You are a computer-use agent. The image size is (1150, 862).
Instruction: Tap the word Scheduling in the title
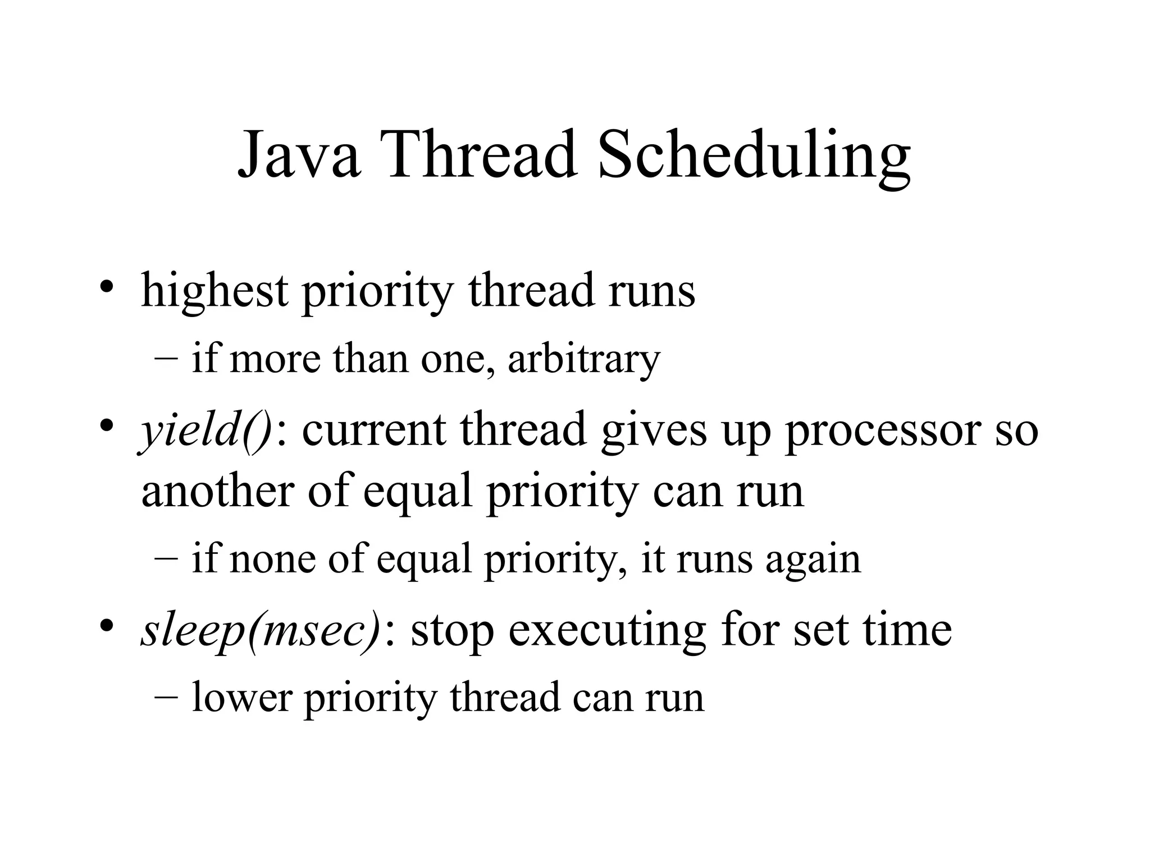tap(754, 157)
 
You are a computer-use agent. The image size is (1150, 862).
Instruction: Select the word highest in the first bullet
tap(215, 292)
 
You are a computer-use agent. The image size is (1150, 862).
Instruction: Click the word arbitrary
tap(584, 359)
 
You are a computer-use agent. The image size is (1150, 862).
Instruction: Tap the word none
tap(272, 560)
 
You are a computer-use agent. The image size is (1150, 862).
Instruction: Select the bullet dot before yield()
tap(107, 425)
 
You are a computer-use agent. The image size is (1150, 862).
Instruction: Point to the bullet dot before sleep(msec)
tap(107, 625)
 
